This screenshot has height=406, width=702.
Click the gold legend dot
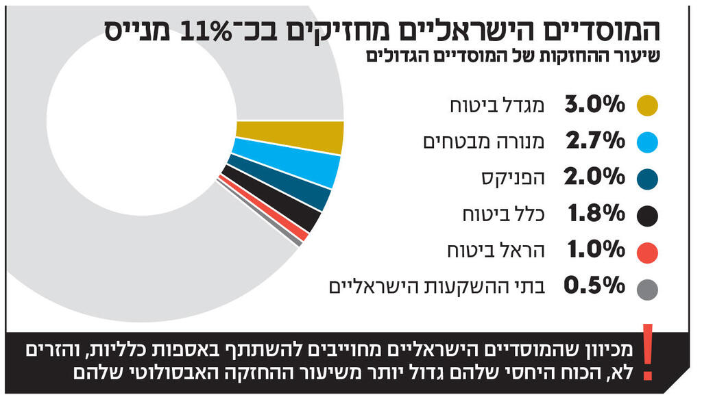(x=646, y=105)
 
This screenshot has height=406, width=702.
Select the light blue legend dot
(x=646, y=142)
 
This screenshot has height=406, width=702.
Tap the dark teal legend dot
(x=646, y=179)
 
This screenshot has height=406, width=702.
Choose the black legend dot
(x=646, y=215)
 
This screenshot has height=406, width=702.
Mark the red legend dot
(x=646, y=252)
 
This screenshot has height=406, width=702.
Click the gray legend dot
(x=646, y=288)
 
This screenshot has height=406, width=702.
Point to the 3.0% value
(x=594, y=105)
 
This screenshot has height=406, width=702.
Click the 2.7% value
(x=594, y=141)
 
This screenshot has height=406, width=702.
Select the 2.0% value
(x=594, y=178)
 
